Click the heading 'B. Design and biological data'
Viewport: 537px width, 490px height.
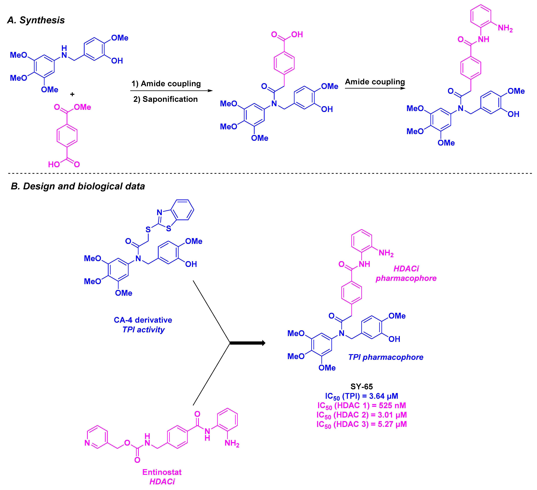pos(78,186)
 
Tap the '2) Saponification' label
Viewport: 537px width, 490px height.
pos(165,99)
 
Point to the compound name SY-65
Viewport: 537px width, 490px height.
pos(361,387)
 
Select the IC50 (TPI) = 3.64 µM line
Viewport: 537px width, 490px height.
pos(361,396)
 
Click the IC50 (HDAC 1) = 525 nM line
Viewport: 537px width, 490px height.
pos(361,406)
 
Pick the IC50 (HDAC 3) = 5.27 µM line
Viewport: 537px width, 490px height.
pos(361,424)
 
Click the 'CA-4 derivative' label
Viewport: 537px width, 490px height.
pos(143,320)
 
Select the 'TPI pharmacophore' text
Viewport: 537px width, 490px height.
pos(386,357)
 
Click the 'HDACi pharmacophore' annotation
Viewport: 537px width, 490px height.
pos(406,273)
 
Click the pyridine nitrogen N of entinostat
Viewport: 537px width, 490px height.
pos(87,443)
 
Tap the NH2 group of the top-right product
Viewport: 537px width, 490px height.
pos(505,28)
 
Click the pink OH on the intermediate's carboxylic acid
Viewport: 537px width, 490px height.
pos(297,34)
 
